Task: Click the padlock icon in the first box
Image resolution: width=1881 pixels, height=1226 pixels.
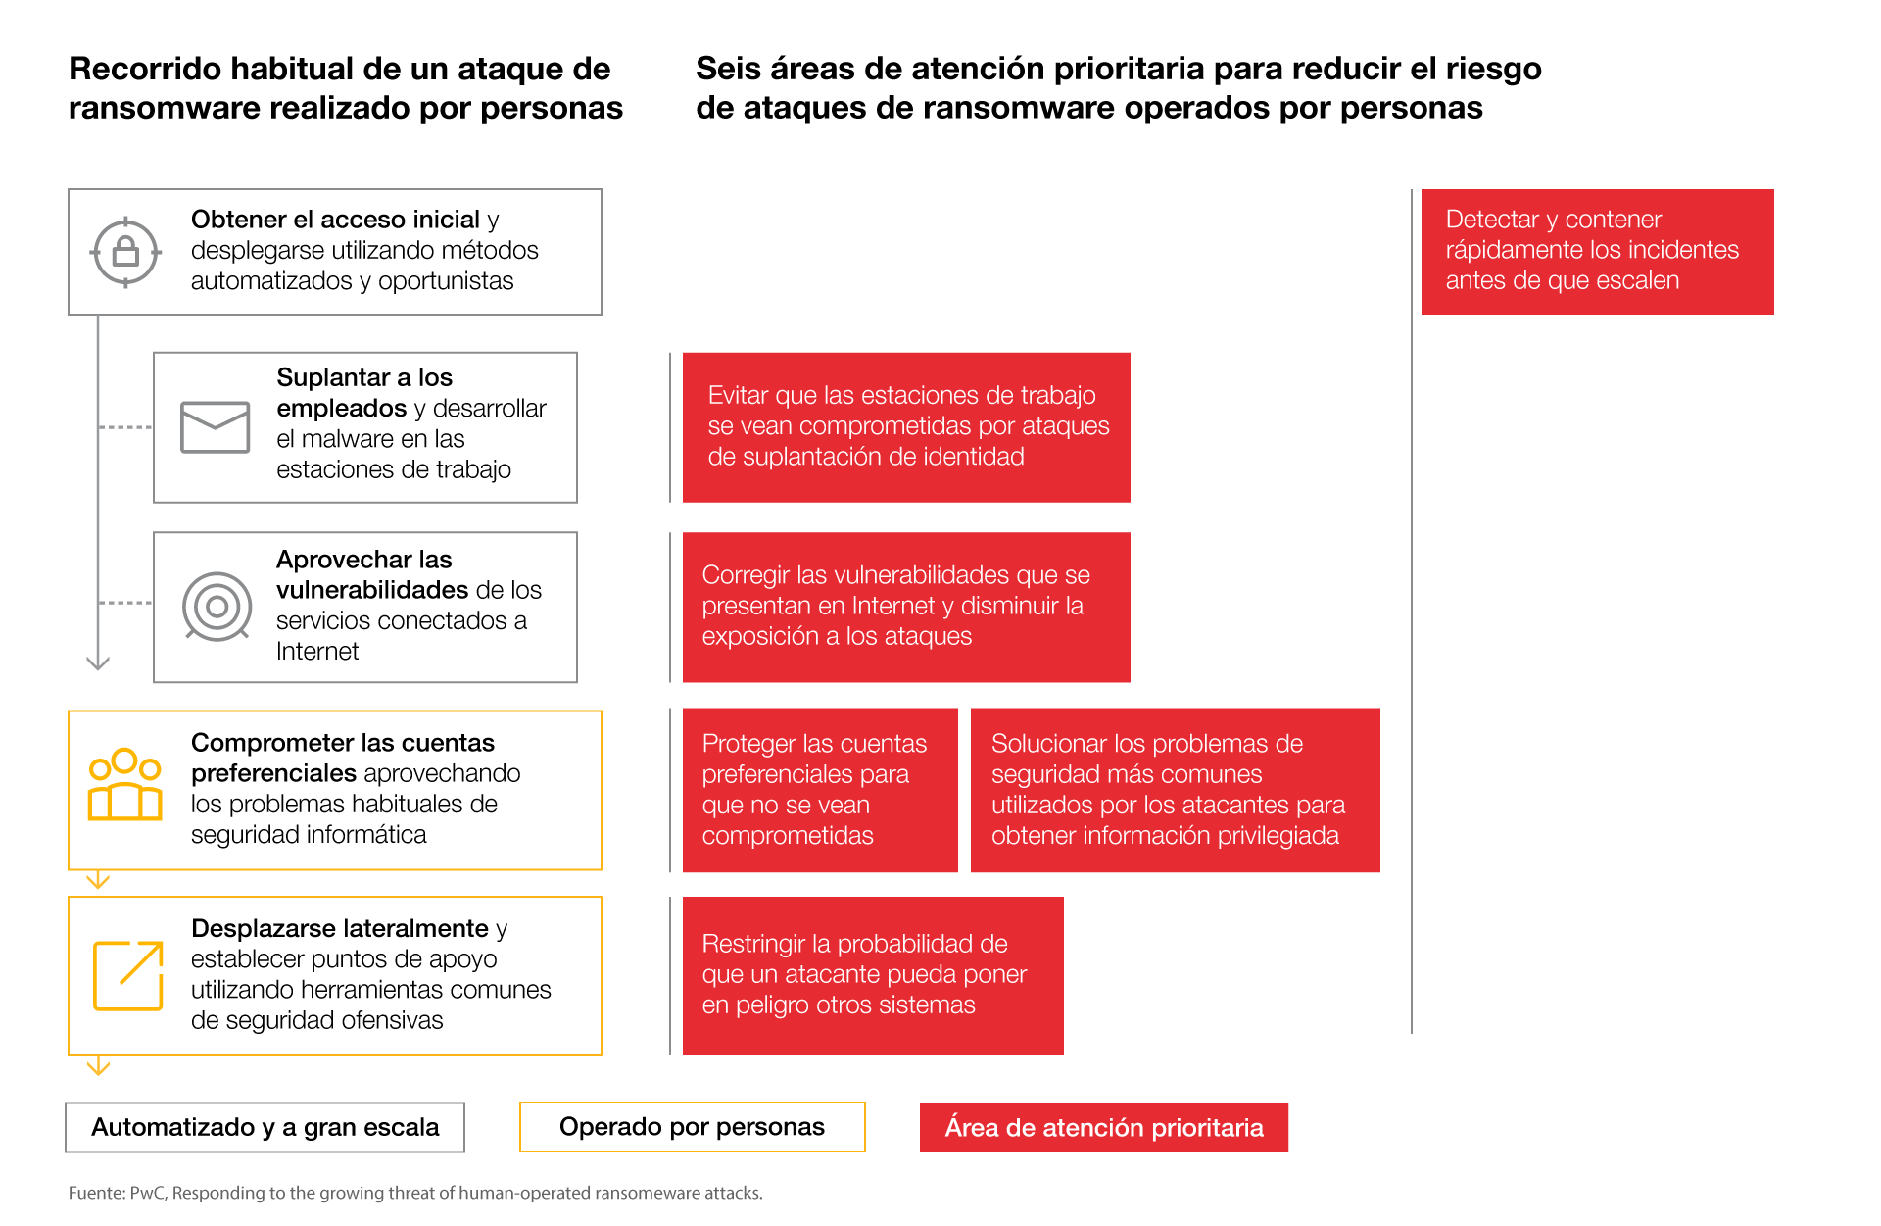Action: point(125,252)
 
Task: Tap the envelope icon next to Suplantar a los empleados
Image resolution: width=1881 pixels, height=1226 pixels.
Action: point(216,427)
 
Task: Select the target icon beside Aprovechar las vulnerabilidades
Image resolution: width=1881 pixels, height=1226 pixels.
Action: point(217,607)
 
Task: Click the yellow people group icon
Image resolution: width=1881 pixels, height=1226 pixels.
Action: point(124,785)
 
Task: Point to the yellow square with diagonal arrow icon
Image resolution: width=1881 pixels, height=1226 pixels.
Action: point(127,975)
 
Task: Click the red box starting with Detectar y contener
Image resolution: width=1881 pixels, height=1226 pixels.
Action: point(1597,251)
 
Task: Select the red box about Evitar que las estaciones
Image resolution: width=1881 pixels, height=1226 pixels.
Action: point(906,426)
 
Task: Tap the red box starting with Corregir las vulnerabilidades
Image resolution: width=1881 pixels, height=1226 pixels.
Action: point(906,607)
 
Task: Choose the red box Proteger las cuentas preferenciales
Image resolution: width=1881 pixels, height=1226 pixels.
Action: point(819,789)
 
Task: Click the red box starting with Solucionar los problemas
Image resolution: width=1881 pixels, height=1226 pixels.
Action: point(1175,789)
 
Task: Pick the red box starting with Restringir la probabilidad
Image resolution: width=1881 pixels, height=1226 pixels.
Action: point(872,975)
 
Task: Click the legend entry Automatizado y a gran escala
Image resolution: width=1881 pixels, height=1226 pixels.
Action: point(265,1127)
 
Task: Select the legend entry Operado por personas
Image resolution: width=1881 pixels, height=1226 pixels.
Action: point(692,1127)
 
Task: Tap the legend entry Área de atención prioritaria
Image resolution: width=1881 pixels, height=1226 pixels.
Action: point(1103,1127)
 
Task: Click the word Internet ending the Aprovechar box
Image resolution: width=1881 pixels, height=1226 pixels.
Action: point(317,652)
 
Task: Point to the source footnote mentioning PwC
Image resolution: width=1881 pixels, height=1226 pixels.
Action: point(415,1193)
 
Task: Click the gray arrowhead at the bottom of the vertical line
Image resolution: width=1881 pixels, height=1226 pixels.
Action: point(98,663)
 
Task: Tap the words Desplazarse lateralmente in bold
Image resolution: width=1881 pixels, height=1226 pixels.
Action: point(339,928)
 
